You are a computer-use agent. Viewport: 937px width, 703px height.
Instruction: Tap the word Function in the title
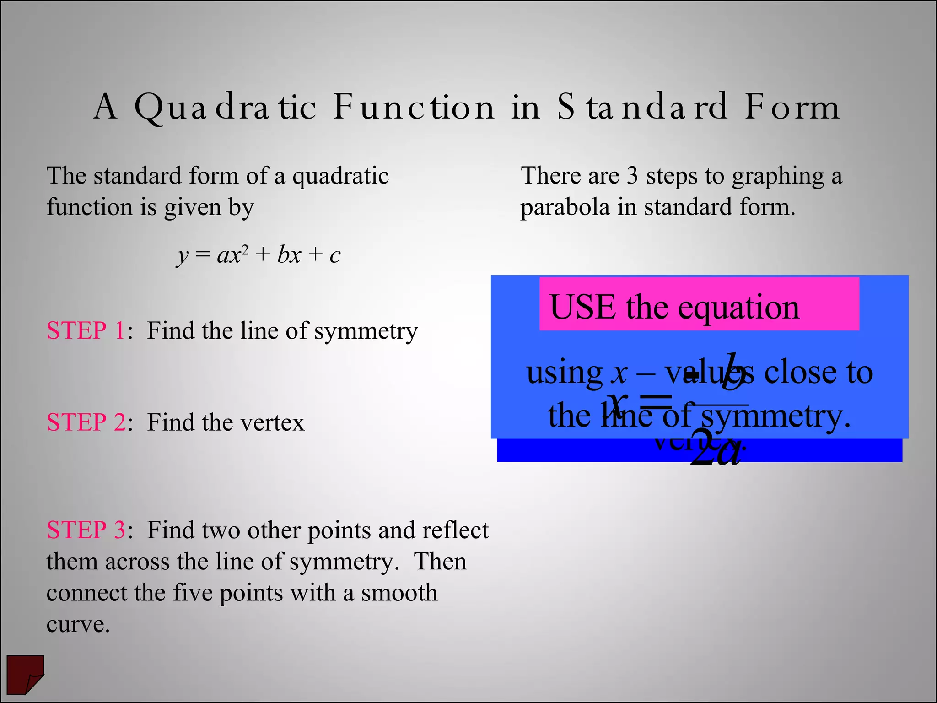tap(414, 107)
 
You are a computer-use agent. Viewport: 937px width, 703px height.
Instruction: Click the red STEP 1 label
tap(86, 330)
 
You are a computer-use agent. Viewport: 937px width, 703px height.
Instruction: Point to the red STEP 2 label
tap(86, 422)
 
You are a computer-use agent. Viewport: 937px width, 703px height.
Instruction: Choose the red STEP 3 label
tap(86, 530)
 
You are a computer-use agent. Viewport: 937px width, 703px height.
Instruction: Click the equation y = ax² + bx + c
tap(258, 254)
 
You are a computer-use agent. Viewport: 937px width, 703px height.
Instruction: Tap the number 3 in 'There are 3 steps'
tap(632, 176)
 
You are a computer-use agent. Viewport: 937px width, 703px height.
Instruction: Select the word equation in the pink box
tap(738, 308)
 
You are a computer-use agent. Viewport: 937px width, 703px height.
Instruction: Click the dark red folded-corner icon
tap(26, 674)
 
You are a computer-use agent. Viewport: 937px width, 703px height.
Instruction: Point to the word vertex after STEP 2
tap(271, 422)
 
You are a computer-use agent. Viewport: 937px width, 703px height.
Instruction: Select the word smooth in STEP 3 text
tap(399, 593)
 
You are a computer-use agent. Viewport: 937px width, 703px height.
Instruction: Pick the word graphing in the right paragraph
tap(778, 177)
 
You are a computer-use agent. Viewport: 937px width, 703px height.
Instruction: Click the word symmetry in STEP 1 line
tap(366, 331)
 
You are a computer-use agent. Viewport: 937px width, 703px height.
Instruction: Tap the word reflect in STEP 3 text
tap(455, 530)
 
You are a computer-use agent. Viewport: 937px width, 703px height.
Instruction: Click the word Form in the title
tap(792, 107)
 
